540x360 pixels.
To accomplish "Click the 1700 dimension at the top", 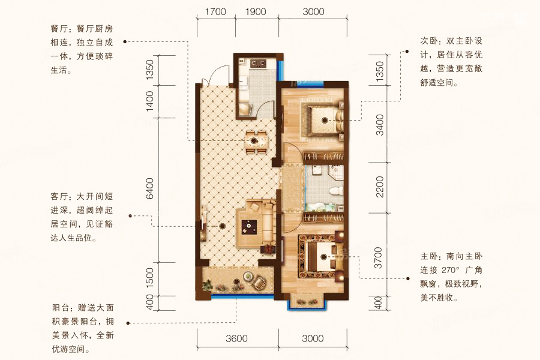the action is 215,11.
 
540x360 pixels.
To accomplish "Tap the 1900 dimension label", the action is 256,11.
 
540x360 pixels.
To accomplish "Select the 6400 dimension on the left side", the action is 150,188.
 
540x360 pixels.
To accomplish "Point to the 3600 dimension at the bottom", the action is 236,338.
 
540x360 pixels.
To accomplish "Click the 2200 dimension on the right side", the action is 379,187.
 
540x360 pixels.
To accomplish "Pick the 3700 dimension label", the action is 379,257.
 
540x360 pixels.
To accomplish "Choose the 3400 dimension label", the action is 379,125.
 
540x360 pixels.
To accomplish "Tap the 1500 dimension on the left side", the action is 150,278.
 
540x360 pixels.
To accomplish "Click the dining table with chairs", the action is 255,141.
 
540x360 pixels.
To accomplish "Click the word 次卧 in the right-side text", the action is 428,41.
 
